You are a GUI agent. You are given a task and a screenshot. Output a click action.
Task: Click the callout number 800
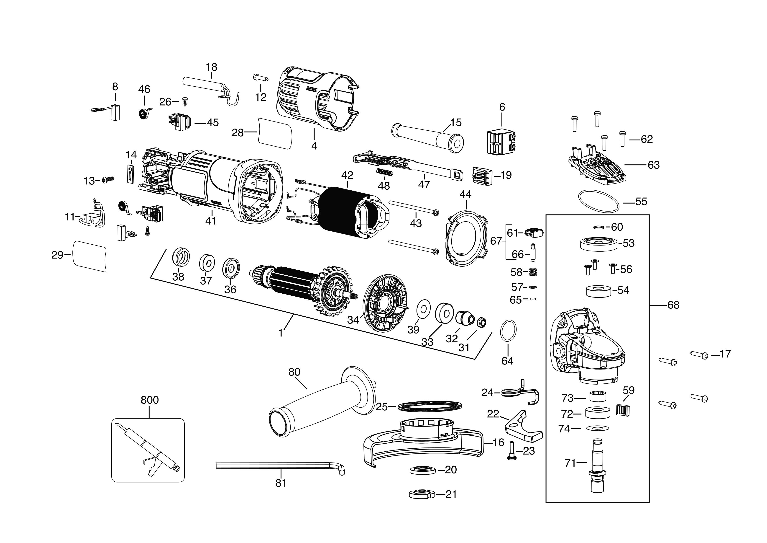pyautogui.click(x=149, y=400)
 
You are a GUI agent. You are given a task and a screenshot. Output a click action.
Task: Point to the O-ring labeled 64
pyautogui.click(x=508, y=330)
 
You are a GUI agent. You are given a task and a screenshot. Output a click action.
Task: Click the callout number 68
pyautogui.click(x=673, y=305)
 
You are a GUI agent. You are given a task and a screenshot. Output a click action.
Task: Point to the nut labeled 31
pyautogui.click(x=481, y=322)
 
